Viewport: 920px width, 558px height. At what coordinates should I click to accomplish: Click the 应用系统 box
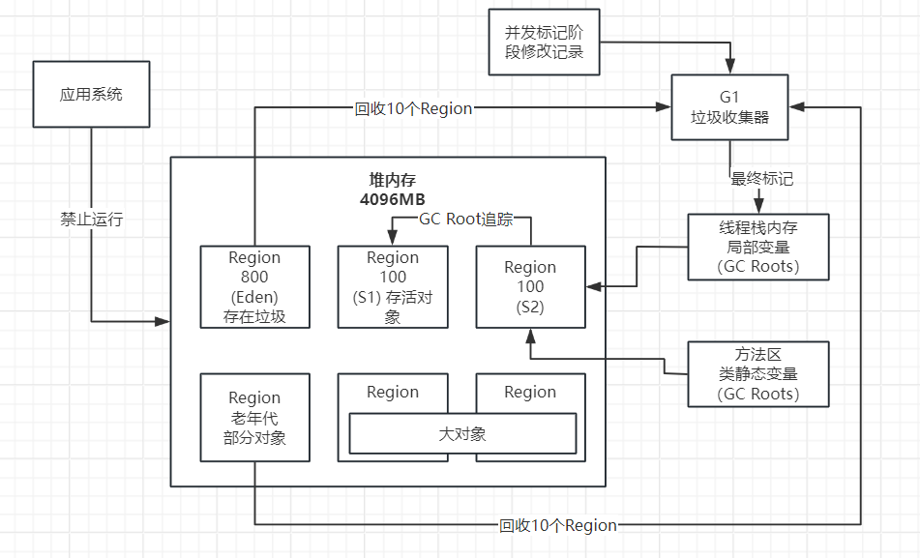click(91, 94)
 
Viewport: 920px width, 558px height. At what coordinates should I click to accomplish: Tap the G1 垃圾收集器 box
click(730, 107)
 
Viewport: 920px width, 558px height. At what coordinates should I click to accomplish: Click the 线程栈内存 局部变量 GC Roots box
click(758, 247)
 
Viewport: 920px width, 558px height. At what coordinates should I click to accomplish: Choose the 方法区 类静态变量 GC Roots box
click(758, 374)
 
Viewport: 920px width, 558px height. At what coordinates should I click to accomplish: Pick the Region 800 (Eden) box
click(254, 286)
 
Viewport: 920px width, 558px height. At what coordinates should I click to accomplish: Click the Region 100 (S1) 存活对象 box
click(393, 286)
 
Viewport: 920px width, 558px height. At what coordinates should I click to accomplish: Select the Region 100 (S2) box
click(530, 286)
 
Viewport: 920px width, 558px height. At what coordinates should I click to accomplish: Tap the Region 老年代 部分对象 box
click(254, 417)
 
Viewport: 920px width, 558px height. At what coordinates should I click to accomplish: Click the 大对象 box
click(461, 433)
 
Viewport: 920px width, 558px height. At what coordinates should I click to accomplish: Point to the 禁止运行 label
click(91, 220)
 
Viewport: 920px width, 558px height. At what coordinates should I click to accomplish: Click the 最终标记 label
click(763, 179)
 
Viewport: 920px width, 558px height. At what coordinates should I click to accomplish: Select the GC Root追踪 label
click(463, 220)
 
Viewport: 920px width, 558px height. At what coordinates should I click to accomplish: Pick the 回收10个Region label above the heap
click(413, 108)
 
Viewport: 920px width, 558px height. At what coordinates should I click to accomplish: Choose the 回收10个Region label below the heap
click(558, 525)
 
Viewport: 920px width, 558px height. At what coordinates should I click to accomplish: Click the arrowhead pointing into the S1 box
click(393, 240)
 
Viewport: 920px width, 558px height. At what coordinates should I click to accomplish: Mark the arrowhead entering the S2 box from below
click(530, 334)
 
